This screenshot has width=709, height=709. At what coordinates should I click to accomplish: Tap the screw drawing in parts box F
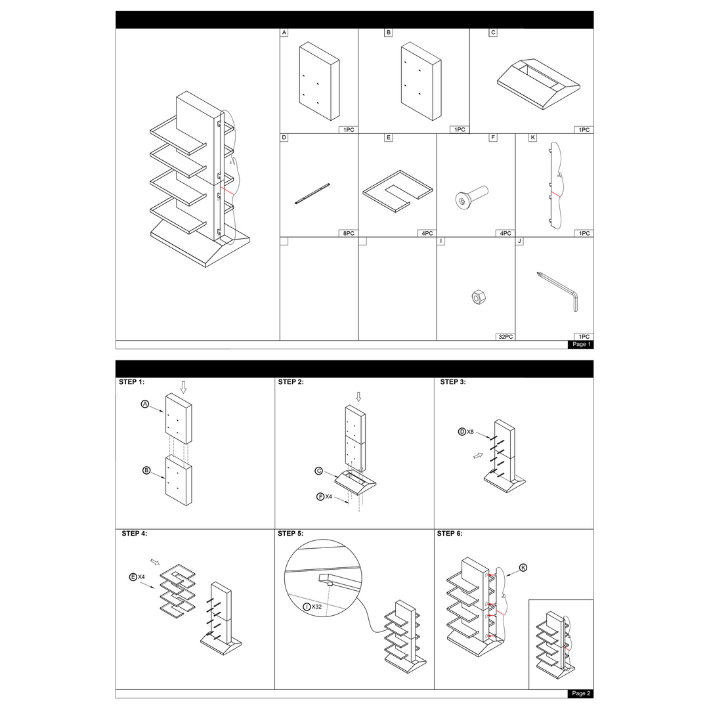(x=471, y=197)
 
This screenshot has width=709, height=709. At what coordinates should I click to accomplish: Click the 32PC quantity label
(x=505, y=337)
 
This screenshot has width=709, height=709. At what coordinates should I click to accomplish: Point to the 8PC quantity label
(x=349, y=233)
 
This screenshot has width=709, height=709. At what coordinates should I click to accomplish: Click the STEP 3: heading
(x=452, y=382)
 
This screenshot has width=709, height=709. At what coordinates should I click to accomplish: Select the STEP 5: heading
(x=290, y=534)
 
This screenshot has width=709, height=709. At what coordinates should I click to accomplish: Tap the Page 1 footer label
(x=581, y=344)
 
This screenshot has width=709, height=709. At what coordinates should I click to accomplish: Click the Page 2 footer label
(x=581, y=693)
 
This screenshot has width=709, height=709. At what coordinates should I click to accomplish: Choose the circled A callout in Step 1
(x=145, y=404)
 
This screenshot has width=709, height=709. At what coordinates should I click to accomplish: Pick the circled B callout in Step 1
(x=146, y=470)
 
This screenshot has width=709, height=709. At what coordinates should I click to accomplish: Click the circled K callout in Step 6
(x=523, y=567)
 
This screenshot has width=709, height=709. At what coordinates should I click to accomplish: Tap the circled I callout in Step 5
(x=307, y=607)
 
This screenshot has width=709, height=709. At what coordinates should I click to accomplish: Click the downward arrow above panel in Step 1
(x=183, y=387)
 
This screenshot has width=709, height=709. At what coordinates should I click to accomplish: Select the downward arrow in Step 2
(x=358, y=397)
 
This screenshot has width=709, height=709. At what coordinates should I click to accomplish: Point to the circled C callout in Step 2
(x=319, y=471)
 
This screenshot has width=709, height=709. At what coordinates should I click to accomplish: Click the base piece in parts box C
(x=538, y=84)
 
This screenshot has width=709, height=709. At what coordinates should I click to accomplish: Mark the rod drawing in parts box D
(x=312, y=194)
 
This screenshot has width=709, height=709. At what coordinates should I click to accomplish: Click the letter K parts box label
(x=532, y=137)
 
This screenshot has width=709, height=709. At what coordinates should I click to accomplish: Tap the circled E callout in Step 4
(x=133, y=577)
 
